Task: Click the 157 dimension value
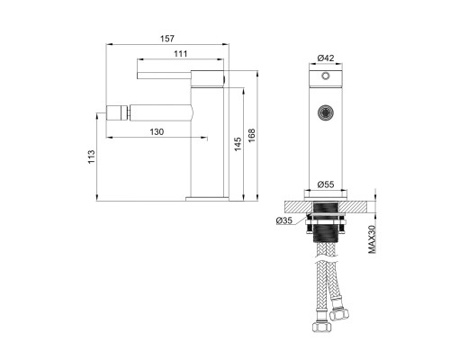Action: pos(167,39)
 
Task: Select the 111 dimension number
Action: pos(180,54)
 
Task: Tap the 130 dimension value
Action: pos(157,131)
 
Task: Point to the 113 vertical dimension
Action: pos(91,157)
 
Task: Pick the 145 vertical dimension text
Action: pos(238,144)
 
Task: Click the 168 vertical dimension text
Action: pos(251,135)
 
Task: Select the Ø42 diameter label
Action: pos(326,58)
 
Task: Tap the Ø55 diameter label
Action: pos(326,184)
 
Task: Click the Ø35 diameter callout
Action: pos(283,220)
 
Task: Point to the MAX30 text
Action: pos(372,239)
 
